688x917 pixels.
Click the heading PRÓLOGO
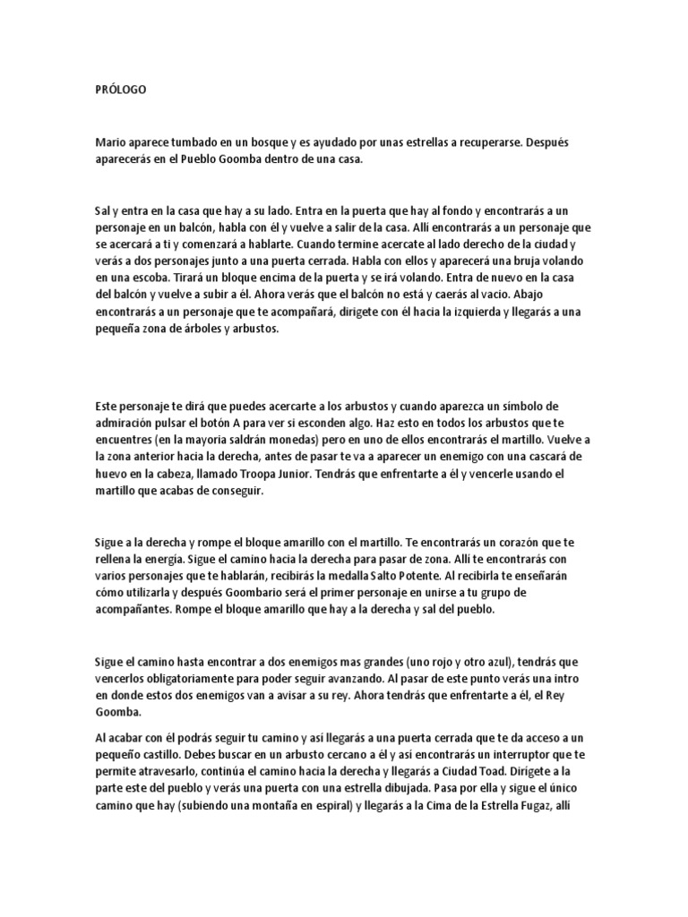click(122, 90)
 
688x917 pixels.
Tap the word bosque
click(264, 142)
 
